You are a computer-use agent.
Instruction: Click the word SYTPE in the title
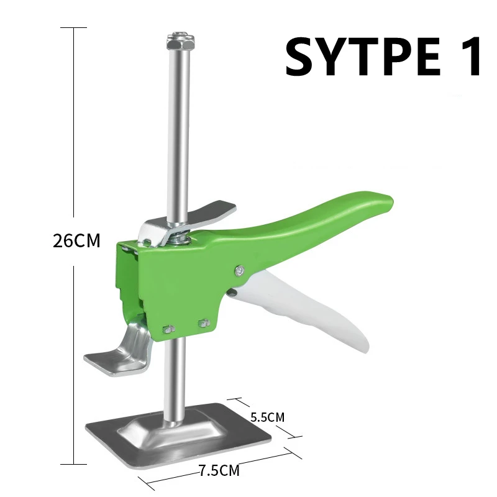pyautogui.click(x=363, y=56)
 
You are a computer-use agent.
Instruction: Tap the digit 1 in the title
pyautogui.click(x=470, y=56)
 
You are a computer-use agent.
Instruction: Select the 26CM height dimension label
pyautogui.click(x=76, y=240)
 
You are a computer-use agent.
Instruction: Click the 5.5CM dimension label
pyautogui.click(x=268, y=417)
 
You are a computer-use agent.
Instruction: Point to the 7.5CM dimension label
pyautogui.click(x=219, y=470)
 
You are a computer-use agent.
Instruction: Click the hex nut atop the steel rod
pyautogui.click(x=180, y=41)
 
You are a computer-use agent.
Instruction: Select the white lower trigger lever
pyautogui.click(x=304, y=304)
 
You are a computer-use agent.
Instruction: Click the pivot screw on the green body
pyautogui.click(x=240, y=270)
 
